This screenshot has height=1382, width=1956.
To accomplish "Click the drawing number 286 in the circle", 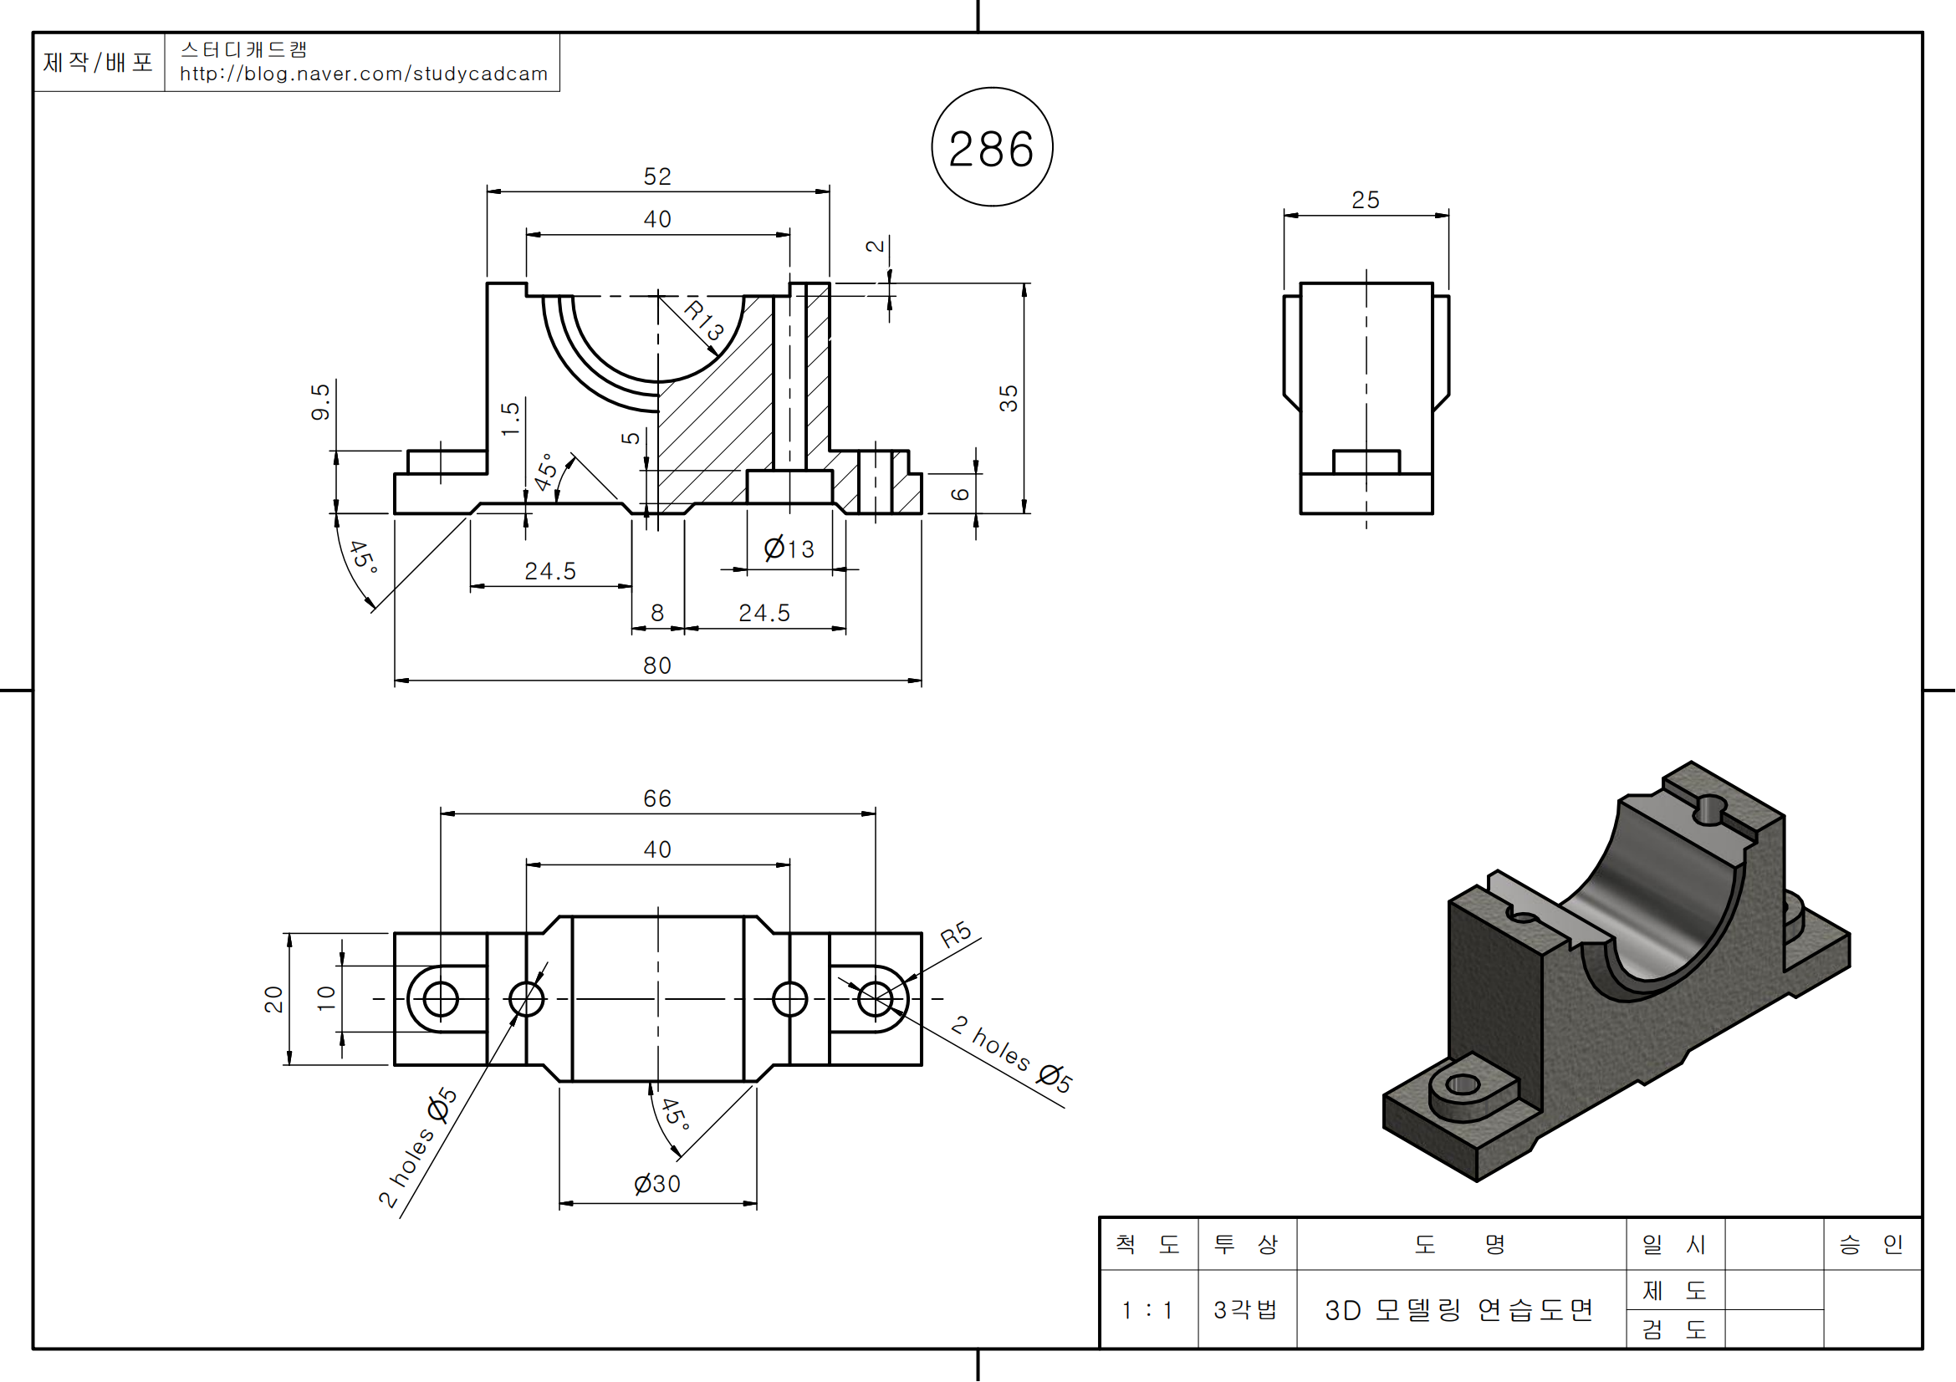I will (992, 149).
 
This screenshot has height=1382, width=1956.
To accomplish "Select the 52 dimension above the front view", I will (656, 176).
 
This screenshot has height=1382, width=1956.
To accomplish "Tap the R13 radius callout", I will (703, 319).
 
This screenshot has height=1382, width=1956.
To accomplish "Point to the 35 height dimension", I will (1009, 398).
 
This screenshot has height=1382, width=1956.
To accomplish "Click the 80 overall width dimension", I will (656, 665).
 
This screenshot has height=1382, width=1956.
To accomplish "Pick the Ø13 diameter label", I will (789, 548).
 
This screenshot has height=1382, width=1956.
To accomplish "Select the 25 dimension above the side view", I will (1365, 200).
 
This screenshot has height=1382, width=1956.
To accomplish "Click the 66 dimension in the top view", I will (656, 798).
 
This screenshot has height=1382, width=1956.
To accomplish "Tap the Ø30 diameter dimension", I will (656, 1184).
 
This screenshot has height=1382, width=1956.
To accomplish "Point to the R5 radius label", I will (956, 934).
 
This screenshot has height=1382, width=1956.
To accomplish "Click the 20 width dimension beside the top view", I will (273, 999).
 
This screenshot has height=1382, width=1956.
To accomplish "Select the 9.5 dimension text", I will (320, 402).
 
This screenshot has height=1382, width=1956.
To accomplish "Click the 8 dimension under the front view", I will (656, 613).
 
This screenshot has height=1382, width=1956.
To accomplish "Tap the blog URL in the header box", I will (364, 74).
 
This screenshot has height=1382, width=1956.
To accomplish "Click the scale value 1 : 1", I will (1147, 1309).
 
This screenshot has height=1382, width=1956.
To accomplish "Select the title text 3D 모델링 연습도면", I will (1458, 1309).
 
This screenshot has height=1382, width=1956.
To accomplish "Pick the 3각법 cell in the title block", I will (1245, 1309).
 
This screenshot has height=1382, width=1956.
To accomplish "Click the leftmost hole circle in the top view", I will (441, 999).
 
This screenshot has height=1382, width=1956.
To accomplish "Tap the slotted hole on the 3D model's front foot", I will (1463, 1085).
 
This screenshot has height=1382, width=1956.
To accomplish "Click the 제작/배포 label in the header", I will (98, 62).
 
